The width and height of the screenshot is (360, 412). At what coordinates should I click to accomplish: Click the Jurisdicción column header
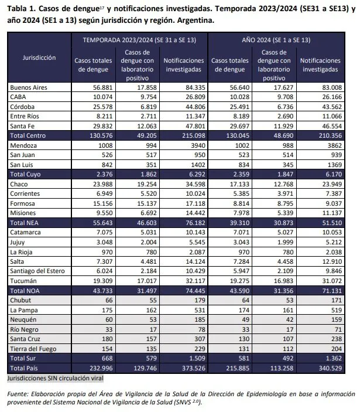point(39,57)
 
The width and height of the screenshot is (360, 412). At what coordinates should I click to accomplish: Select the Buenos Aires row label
point(29,88)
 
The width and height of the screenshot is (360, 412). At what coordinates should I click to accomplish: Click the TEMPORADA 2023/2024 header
point(139,40)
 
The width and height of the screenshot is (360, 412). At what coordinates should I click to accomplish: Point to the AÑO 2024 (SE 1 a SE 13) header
point(276,40)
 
